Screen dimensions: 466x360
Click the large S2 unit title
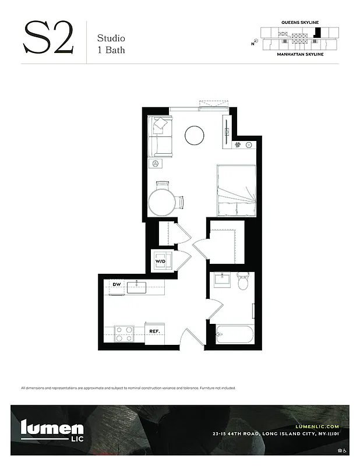(x=48, y=39)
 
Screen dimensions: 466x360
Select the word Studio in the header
(x=110, y=38)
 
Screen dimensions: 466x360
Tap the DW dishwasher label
(x=117, y=284)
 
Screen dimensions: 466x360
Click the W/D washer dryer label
(x=160, y=262)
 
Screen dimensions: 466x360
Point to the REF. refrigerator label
(x=154, y=331)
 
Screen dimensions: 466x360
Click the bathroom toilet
(x=243, y=282)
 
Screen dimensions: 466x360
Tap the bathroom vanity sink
(x=221, y=280)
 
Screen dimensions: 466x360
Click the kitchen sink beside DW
(x=136, y=285)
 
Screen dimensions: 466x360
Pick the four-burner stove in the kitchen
(x=123, y=333)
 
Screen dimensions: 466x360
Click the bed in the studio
(x=236, y=190)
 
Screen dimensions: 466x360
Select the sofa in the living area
(x=160, y=137)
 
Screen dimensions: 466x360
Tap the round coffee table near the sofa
(x=194, y=135)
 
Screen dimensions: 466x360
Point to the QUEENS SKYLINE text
(x=299, y=22)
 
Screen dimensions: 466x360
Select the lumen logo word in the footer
(x=52, y=428)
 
